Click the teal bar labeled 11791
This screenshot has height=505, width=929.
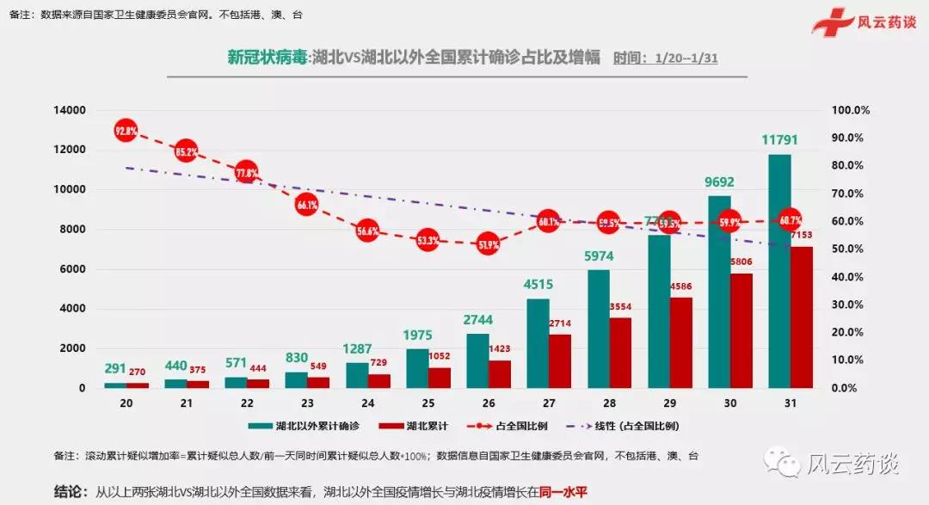point(779,271)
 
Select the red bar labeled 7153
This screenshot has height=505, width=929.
point(802,317)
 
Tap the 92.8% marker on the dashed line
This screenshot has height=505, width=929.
point(126,132)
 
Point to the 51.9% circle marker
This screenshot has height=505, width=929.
point(488,243)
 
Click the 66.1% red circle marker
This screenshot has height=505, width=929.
point(307,205)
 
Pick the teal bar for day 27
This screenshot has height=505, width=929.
point(538,343)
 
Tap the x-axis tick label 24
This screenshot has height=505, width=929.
point(367,403)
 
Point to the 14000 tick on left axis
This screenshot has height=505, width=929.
point(69,110)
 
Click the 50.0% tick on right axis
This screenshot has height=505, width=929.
point(852,249)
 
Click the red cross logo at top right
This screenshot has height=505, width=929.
point(830,21)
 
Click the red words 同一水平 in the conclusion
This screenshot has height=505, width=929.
point(563,492)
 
